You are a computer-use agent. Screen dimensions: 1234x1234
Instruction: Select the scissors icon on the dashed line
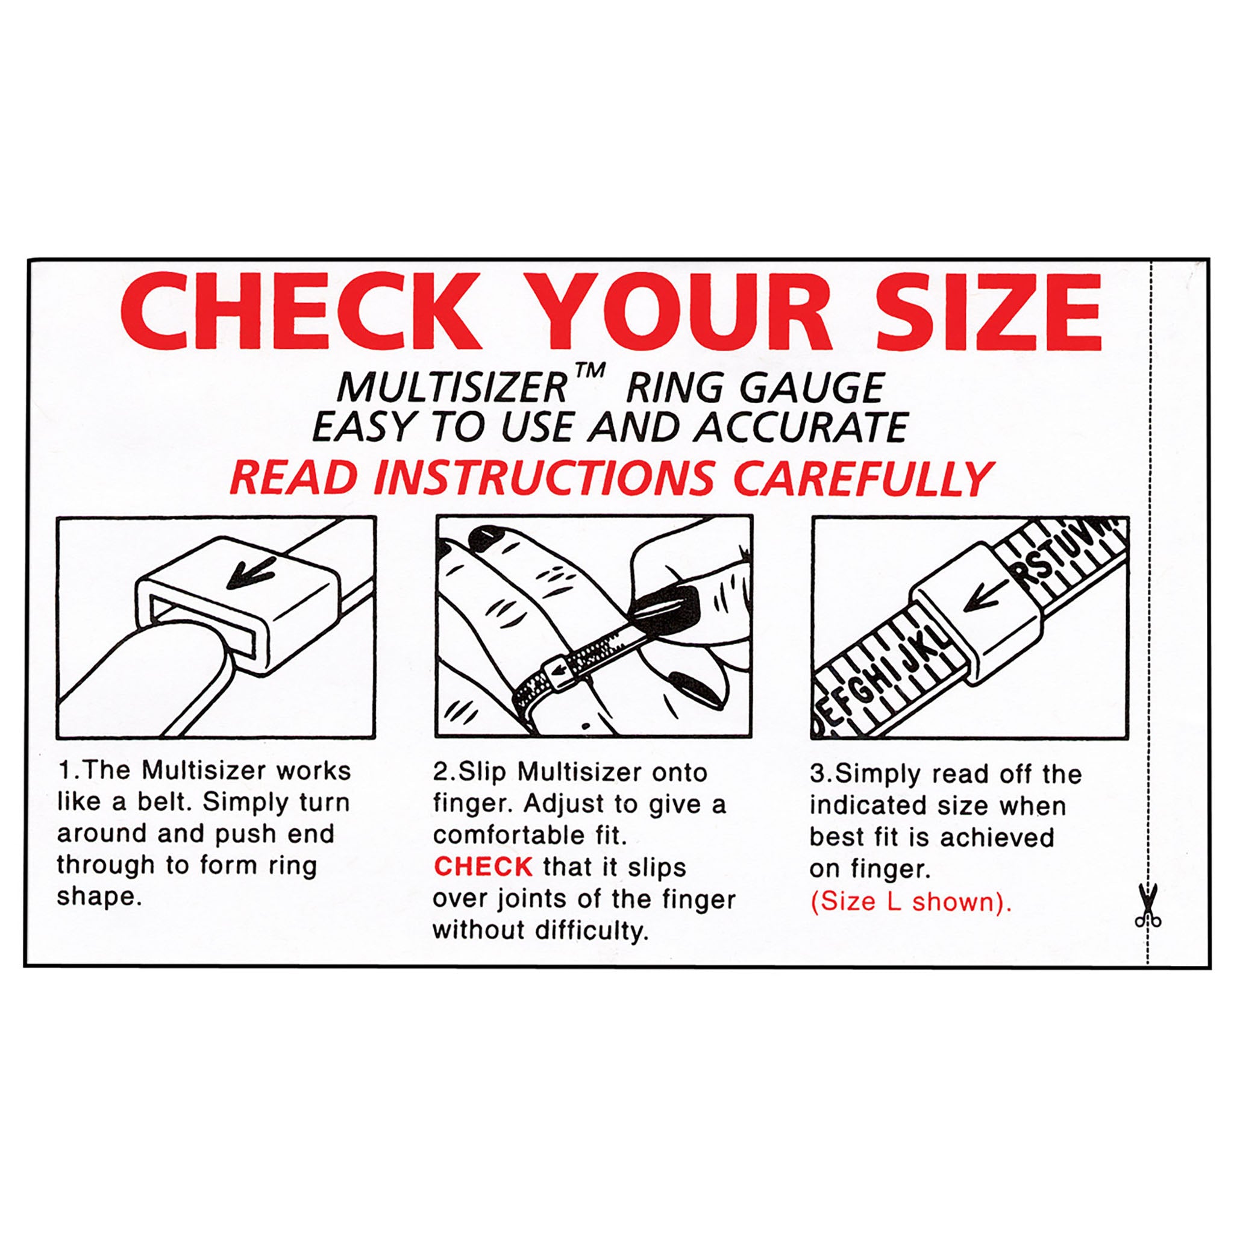1148,905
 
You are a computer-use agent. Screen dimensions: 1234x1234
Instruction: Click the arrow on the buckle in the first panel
252,571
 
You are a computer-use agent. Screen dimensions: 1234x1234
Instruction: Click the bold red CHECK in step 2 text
483,866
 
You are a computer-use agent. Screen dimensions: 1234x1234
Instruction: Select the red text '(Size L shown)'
911,902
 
